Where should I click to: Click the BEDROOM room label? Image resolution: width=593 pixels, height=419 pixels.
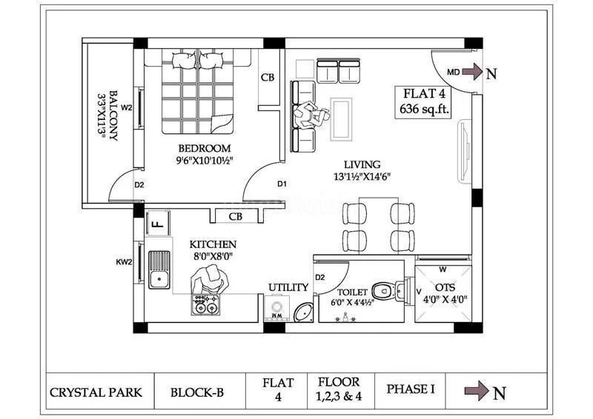[x=203, y=148]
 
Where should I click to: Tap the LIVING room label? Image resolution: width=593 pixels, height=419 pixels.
[x=362, y=164]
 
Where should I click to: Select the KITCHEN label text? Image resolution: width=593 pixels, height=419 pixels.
[x=213, y=244]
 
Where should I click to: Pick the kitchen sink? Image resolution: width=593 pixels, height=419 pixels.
[x=159, y=270]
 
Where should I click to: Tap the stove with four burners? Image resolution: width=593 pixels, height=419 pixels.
[x=205, y=304]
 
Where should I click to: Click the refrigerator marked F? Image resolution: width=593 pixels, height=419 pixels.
[x=157, y=221]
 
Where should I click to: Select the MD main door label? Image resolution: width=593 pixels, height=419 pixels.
[x=454, y=72]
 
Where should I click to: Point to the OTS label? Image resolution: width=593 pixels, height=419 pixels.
[x=445, y=286]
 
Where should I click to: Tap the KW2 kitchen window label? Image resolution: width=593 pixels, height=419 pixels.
[x=124, y=261]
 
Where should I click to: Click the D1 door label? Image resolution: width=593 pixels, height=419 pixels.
[x=282, y=184]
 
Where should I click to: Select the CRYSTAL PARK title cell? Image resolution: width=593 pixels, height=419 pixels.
[x=96, y=392]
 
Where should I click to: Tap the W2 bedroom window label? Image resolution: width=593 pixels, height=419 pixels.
[x=127, y=107]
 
